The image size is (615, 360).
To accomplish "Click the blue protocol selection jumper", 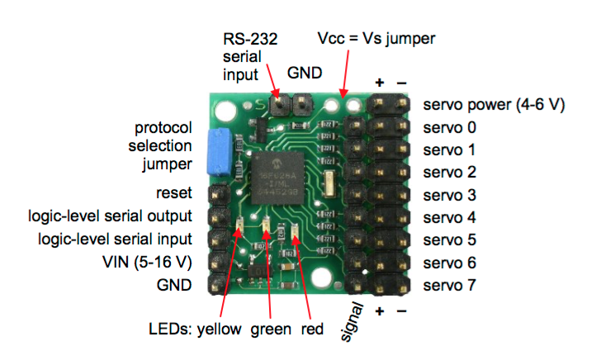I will click(220, 152).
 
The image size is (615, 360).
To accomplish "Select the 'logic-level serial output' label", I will click(110, 216).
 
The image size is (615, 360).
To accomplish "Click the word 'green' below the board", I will click(271, 329).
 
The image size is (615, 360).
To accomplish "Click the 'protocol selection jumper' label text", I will click(163, 146).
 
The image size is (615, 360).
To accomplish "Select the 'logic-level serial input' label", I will click(116, 239).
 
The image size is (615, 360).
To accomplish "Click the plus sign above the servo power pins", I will click(381, 82).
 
